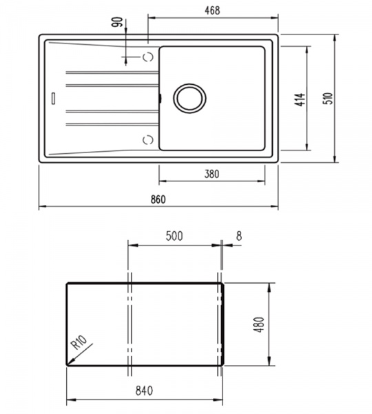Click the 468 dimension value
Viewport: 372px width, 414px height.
(x=212, y=10)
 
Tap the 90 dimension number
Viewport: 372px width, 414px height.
(x=118, y=22)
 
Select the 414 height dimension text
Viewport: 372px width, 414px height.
(x=300, y=99)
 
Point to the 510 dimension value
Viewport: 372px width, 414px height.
(x=328, y=98)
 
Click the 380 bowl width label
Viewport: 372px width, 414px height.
(x=211, y=174)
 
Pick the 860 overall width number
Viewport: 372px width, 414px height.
(x=158, y=199)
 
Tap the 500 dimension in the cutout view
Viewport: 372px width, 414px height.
(x=174, y=236)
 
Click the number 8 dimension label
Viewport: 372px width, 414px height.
(x=238, y=236)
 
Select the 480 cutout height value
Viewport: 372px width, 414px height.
(x=260, y=324)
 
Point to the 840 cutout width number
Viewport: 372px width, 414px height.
(x=144, y=391)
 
